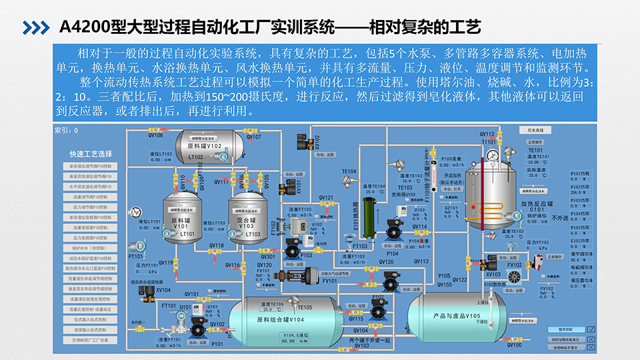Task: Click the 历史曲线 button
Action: coord(536,130)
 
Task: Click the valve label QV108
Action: coord(155,135)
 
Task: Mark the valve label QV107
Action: coord(253,137)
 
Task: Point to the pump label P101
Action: coord(217,344)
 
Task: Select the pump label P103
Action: coord(305,255)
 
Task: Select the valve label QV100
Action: coord(514,344)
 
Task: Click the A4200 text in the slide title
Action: coord(81,27)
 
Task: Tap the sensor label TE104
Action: coord(349,171)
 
